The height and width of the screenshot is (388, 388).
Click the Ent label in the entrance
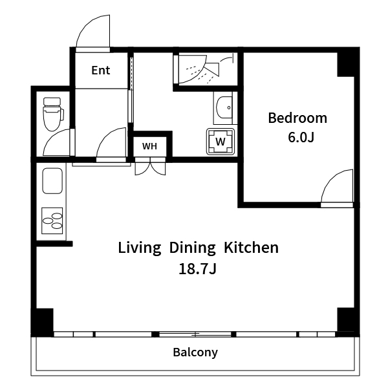100,70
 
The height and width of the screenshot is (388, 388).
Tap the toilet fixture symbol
53,114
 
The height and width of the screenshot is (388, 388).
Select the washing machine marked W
221,142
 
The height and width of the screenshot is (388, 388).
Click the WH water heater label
149,146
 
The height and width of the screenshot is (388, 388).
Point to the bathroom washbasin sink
224,107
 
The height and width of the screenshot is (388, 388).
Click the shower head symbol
212,69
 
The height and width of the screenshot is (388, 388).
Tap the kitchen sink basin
52,180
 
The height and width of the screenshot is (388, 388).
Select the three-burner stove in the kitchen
52,221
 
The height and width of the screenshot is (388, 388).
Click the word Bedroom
297,118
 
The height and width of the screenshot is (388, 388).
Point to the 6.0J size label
301,137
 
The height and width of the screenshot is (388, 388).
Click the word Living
139,248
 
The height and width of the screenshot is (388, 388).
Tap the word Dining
192,248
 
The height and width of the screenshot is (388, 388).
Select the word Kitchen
251,248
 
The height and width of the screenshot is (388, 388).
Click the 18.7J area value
197,269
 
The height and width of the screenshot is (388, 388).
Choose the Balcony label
195,352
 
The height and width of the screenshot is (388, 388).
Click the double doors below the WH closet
150,169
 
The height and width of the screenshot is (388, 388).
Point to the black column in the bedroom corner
346,64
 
